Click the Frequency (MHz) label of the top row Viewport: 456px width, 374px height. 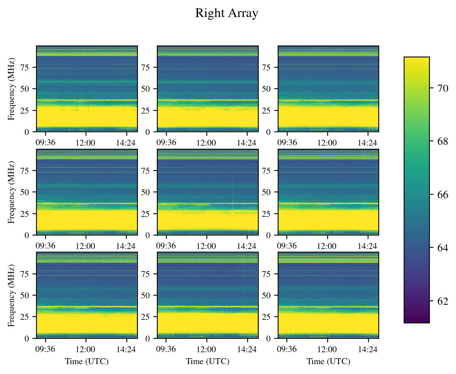[x=12, y=89]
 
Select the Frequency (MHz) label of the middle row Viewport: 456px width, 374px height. [x=12, y=192]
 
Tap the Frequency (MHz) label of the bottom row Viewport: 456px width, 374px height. [x=12, y=296]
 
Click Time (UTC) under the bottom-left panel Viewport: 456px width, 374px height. [x=87, y=361]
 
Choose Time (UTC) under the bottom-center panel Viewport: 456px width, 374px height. [x=208, y=361]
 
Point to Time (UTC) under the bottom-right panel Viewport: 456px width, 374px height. [x=328, y=361]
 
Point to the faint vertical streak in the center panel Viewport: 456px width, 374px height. [x=233, y=186]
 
